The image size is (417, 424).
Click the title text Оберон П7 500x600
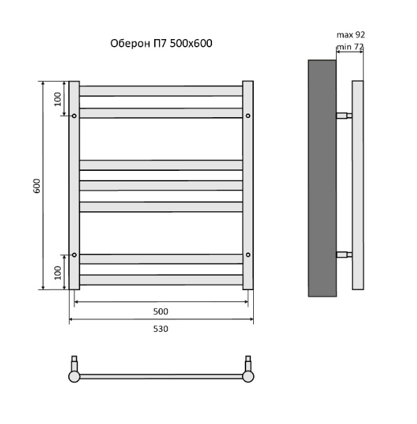(x=161, y=43)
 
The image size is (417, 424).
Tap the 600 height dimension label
(x=36, y=185)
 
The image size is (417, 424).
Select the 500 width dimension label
(x=160, y=312)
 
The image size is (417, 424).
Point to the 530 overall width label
(x=160, y=329)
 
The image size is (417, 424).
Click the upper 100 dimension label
(x=58, y=99)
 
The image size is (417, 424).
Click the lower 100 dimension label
(x=58, y=273)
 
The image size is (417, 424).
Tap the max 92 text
(x=351, y=35)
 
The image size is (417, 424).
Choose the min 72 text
(x=350, y=47)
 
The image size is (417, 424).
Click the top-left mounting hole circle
(x=74, y=116)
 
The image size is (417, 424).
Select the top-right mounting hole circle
(x=248, y=116)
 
